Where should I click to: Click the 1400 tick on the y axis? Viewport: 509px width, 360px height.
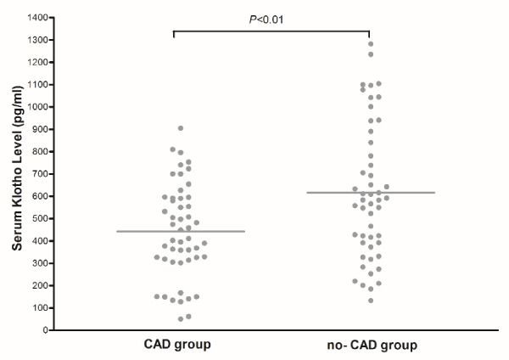coord(35,17)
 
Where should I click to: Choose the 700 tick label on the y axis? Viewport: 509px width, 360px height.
coord(37,173)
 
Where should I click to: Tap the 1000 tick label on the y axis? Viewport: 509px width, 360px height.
coord(35,106)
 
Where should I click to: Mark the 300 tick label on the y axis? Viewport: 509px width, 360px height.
coord(37,263)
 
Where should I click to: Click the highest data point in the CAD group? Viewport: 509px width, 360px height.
coord(181,128)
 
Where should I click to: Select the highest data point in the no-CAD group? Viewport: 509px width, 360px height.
coord(370,44)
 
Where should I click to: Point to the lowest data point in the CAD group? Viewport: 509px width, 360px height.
coord(181,319)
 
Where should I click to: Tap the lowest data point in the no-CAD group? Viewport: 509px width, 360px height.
coord(370,300)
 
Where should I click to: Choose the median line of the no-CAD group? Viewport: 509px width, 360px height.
coord(370,193)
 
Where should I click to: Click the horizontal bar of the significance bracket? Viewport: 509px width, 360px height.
coord(271,31)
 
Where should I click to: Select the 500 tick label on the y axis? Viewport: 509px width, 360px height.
coord(37,218)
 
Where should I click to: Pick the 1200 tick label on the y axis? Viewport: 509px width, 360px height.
coord(35,62)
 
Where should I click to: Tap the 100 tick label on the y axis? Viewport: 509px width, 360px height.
coord(37,307)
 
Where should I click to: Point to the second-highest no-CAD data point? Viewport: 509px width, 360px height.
coord(370,54)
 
